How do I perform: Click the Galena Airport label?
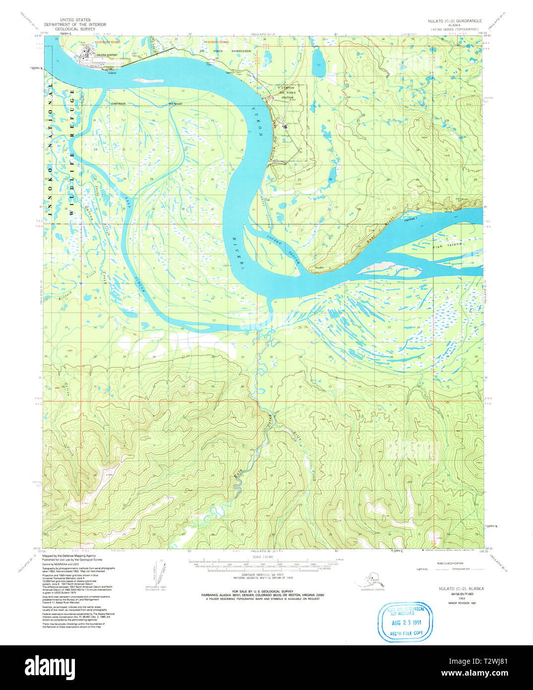coord(107,55)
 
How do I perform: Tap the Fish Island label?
coord(447,245)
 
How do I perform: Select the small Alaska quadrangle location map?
coord(372,580)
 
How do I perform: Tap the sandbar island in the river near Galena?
coord(147,80)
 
